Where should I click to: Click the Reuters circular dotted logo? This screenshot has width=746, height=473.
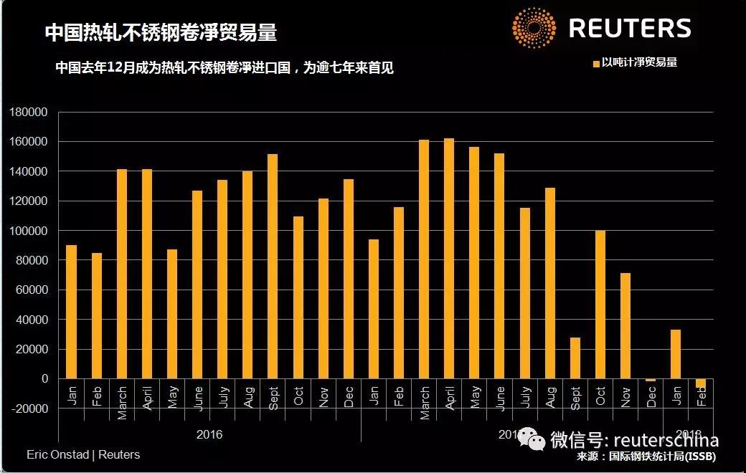(534, 28)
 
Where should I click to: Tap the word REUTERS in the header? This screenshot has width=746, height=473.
(630, 29)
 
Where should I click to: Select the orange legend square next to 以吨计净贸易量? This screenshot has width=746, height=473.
(595, 64)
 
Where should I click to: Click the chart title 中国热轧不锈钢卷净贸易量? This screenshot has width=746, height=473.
(161, 32)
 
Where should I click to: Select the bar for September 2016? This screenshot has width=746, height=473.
(273, 266)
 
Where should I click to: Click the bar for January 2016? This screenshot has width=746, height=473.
(71, 312)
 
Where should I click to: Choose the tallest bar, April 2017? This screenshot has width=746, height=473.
(449, 258)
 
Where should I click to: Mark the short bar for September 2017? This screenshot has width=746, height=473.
(575, 358)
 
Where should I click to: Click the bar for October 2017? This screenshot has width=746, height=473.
(600, 305)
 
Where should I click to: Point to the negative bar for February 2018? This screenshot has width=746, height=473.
(701, 383)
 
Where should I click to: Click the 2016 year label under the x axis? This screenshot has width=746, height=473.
(209, 434)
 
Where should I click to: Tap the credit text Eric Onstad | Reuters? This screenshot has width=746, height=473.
(83, 455)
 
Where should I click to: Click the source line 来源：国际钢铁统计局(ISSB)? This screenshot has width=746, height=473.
(646, 457)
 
